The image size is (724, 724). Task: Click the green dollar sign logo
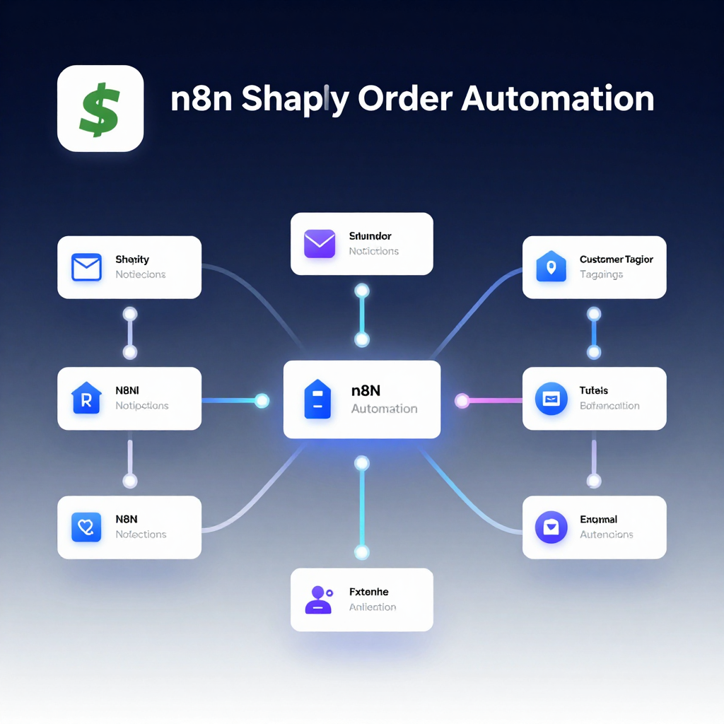(x=100, y=108)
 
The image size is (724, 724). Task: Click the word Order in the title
(x=404, y=99)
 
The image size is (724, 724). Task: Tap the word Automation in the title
(x=557, y=99)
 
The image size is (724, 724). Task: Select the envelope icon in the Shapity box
(x=87, y=267)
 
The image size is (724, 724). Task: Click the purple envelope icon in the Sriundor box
(x=320, y=244)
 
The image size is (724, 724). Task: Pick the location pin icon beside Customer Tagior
(x=551, y=267)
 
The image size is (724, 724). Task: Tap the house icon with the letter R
(x=86, y=398)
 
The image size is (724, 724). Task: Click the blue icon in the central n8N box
(x=317, y=399)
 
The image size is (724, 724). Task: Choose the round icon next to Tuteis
(x=551, y=398)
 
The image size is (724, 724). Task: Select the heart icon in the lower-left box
(x=86, y=527)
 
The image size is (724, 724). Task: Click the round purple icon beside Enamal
(x=551, y=527)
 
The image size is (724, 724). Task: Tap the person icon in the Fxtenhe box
(x=318, y=600)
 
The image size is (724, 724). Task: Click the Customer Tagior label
(x=616, y=259)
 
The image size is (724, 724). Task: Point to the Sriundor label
(x=370, y=236)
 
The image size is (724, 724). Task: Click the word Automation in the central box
(x=384, y=409)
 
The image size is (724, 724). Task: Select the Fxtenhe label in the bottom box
(x=368, y=592)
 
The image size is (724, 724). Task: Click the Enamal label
(x=598, y=520)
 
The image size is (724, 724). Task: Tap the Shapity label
(x=132, y=259)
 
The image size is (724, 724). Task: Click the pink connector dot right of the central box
(x=462, y=401)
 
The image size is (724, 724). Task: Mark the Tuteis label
(x=594, y=390)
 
